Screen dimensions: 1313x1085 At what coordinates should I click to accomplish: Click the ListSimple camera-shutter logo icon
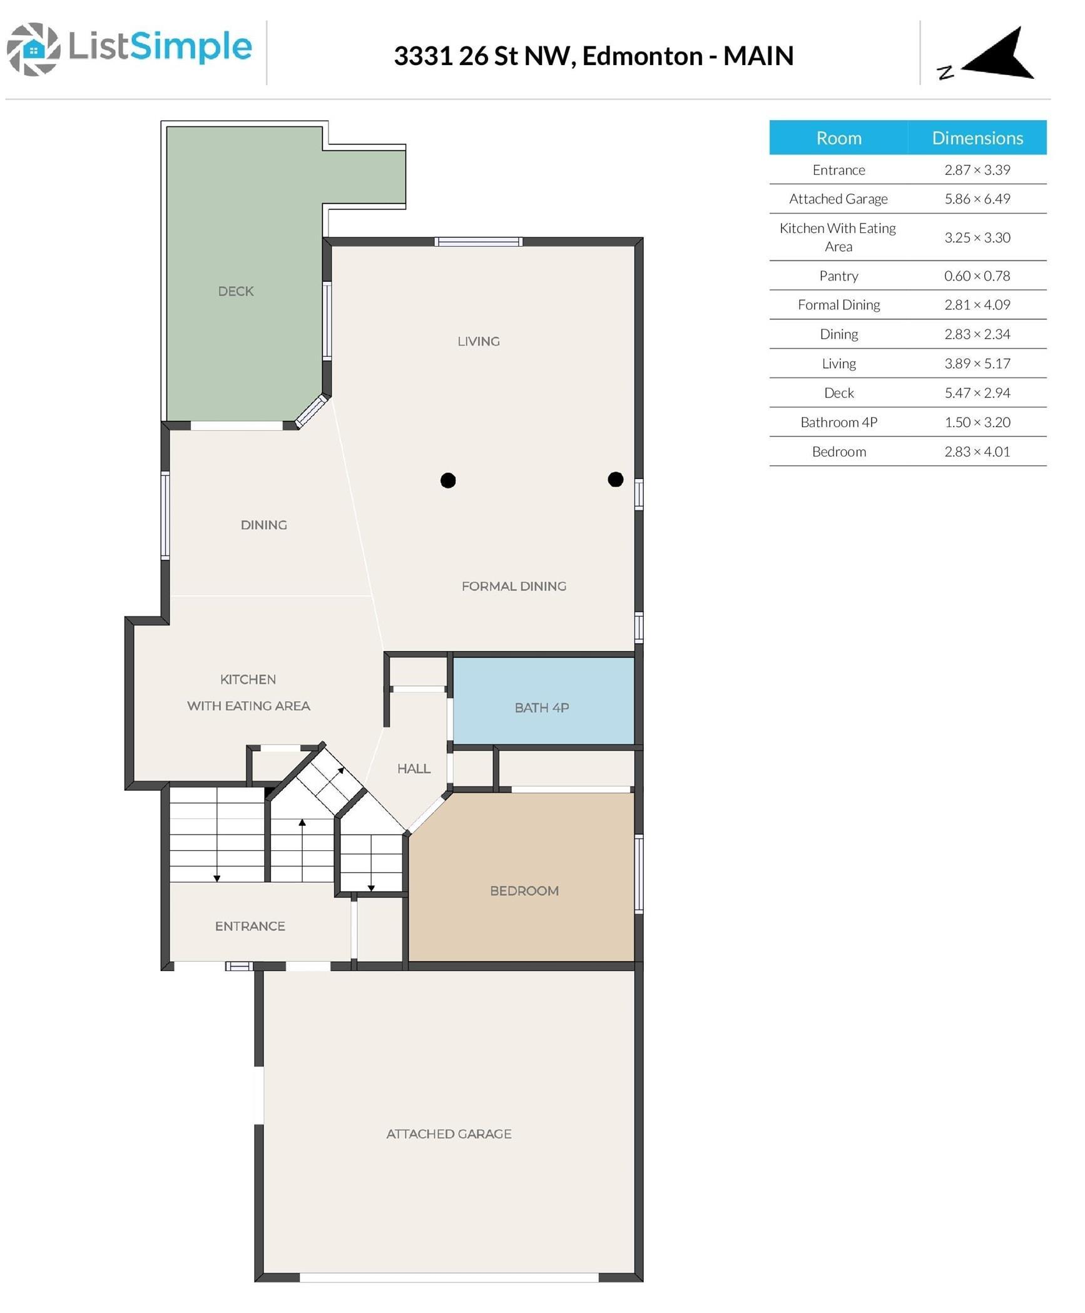pos(34,49)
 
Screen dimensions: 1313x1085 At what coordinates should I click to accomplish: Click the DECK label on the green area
pos(236,291)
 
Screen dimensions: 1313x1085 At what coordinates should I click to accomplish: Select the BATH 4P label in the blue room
pos(542,708)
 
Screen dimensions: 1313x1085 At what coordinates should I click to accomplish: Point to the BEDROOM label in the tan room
pos(524,890)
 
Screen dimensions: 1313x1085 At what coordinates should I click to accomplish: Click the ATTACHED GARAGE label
pos(449,1133)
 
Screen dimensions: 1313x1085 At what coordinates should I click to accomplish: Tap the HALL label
pos(414,768)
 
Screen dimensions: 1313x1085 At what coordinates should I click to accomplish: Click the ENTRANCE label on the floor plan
pos(250,925)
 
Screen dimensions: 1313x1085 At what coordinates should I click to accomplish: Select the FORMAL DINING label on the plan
pos(514,586)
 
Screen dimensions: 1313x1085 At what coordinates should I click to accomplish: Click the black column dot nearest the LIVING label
pos(448,480)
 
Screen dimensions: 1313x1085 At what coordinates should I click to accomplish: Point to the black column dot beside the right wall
pos(616,479)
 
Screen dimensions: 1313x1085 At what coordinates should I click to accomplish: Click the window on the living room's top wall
pos(479,242)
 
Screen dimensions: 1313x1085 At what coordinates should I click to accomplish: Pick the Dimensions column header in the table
pos(977,138)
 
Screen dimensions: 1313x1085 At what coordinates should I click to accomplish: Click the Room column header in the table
pos(838,138)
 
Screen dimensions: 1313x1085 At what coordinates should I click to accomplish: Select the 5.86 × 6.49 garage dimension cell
pos(977,198)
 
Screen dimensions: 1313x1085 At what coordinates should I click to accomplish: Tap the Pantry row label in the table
pos(838,275)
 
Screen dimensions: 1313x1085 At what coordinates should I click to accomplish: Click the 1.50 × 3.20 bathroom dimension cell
pos(977,422)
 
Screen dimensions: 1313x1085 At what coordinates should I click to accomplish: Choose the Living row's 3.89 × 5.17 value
pos(977,363)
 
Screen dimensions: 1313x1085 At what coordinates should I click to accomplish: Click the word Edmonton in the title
pos(643,56)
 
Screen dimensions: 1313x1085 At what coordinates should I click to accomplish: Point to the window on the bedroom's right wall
pos(639,874)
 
